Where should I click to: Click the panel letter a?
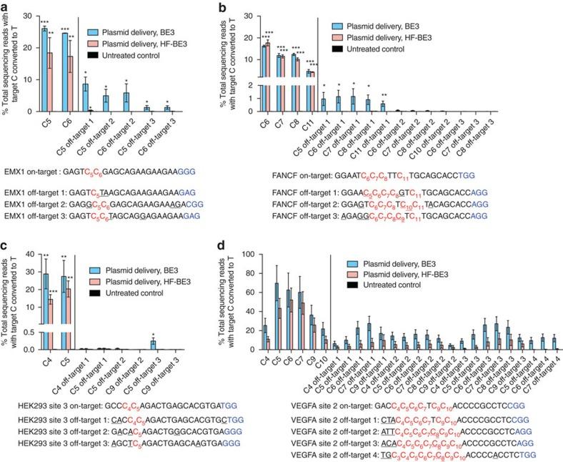pyautogui.click(x=5, y=6)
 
